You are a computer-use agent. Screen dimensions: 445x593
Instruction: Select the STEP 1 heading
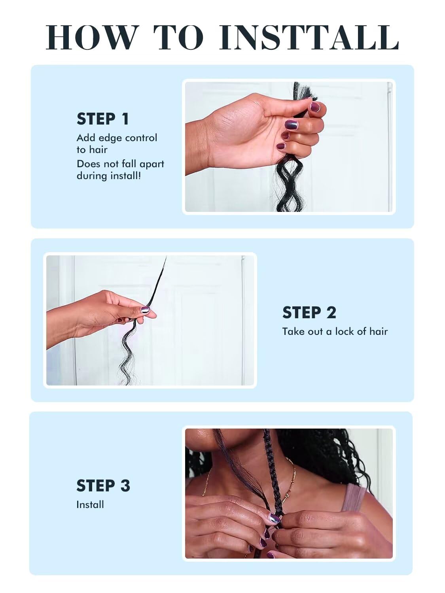click(x=103, y=119)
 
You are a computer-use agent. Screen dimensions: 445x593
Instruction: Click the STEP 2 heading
click(x=309, y=313)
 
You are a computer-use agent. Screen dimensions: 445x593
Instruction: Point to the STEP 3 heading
click(x=103, y=485)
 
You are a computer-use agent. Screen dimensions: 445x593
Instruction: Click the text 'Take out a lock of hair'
click(x=335, y=331)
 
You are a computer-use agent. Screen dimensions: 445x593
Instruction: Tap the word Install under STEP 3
click(x=90, y=504)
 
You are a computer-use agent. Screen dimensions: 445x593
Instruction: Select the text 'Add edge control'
click(x=117, y=138)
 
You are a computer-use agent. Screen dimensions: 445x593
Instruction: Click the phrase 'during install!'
click(x=109, y=176)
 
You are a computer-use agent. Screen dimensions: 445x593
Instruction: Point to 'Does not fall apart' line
click(x=121, y=164)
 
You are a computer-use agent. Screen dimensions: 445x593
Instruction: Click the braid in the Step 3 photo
click(x=273, y=470)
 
